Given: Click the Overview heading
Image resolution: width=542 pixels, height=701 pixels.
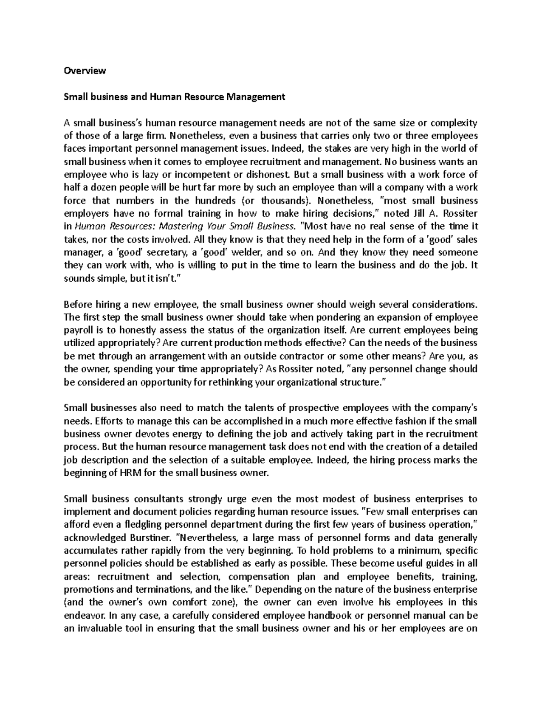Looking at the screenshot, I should [x=85, y=70].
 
